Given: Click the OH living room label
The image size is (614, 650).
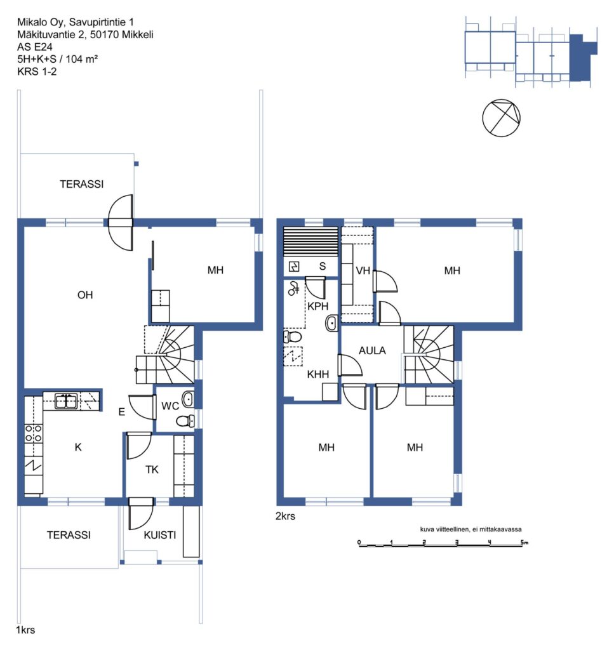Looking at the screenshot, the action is tap(85, 295).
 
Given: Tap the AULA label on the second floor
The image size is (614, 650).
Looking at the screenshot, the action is tap(372, 350).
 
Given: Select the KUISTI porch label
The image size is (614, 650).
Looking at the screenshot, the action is tap(159, 535).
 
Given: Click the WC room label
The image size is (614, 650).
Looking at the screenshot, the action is tap(170, 406).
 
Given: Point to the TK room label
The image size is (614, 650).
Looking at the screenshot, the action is tap(152, 470).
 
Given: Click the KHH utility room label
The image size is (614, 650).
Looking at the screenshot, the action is tap(318, 375).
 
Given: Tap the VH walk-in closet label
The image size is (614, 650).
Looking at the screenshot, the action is tap(363, 271).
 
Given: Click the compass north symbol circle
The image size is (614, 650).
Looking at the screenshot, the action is tap(501, 117).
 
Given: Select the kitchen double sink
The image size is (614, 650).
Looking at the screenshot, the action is tap(66, 401).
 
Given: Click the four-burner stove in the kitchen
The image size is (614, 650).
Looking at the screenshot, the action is tap(33, 433).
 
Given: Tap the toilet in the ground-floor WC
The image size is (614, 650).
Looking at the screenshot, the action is tap(185, 421).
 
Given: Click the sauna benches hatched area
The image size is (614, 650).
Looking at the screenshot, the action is tap(310, 242).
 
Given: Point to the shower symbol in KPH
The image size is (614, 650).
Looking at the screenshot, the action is tap(293, 288).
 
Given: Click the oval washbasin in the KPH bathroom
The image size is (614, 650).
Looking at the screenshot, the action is tap(331, 323).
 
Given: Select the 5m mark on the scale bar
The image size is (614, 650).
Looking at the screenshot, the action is tap(524, 542).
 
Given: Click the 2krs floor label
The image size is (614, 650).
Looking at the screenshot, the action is tap(285, 516).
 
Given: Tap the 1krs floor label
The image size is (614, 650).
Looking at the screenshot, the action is tap(25, 630).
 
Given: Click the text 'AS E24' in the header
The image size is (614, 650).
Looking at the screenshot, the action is tap(35, 47).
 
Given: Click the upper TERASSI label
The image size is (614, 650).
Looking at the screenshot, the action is tap(82, 184).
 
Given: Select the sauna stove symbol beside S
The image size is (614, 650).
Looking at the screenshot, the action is tap(294, 267).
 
